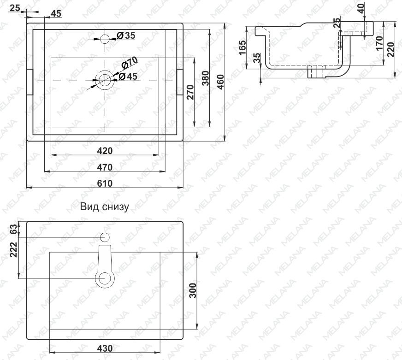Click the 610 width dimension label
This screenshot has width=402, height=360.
point(105,183)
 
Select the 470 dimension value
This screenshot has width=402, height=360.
point(105,167)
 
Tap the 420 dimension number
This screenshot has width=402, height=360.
point(105,151)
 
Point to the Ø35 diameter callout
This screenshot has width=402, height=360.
point(126,35)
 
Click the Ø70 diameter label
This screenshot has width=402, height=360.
point(129,63)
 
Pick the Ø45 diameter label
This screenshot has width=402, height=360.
point(128,76)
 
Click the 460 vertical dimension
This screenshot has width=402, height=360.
point(220,82)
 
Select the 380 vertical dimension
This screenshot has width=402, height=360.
point(205,78)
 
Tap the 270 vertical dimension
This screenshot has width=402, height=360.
point(190,92)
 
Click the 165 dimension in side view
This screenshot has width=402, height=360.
point(242,47)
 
